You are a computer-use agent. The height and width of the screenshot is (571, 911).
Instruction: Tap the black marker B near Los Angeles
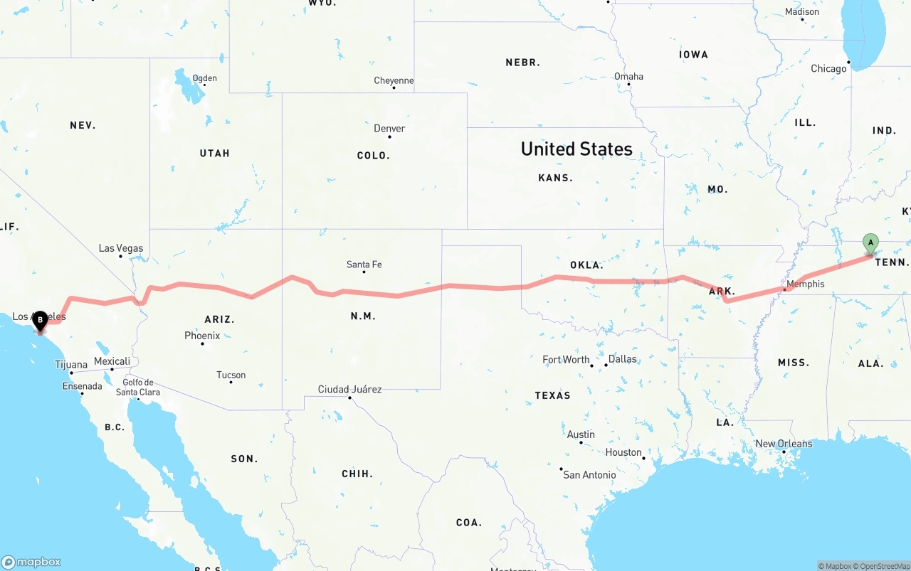[41, 321]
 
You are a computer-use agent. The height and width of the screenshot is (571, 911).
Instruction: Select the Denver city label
[389, 129]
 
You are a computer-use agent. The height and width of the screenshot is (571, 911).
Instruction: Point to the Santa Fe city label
[364, 265]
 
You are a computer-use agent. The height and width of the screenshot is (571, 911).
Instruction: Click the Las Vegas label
[121, 248]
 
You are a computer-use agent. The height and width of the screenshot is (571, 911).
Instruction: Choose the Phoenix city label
[202, 336]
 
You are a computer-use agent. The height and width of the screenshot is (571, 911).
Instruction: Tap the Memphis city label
[806, 284]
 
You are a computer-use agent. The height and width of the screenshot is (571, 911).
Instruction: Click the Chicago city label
[828, 69]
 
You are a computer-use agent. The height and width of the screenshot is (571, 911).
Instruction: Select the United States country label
[576, 149]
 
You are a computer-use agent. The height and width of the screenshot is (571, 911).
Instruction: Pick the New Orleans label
[784, 444]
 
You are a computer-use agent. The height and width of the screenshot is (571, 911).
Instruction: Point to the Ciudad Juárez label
[349, 389]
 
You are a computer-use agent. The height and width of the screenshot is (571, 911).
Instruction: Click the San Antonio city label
[589, 474]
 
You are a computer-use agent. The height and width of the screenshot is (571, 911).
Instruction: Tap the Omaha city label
[628, 77]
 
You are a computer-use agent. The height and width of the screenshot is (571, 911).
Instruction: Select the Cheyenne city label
[394, 81]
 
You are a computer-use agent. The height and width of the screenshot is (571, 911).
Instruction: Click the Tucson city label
[231, 375]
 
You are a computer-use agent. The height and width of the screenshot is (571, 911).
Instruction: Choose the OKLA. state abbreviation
[586, 265]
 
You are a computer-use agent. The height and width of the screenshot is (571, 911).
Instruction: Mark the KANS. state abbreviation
[555, 178]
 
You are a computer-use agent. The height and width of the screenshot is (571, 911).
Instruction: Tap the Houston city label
[623, 452]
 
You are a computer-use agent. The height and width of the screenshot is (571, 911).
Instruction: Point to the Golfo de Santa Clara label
[137, 388]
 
